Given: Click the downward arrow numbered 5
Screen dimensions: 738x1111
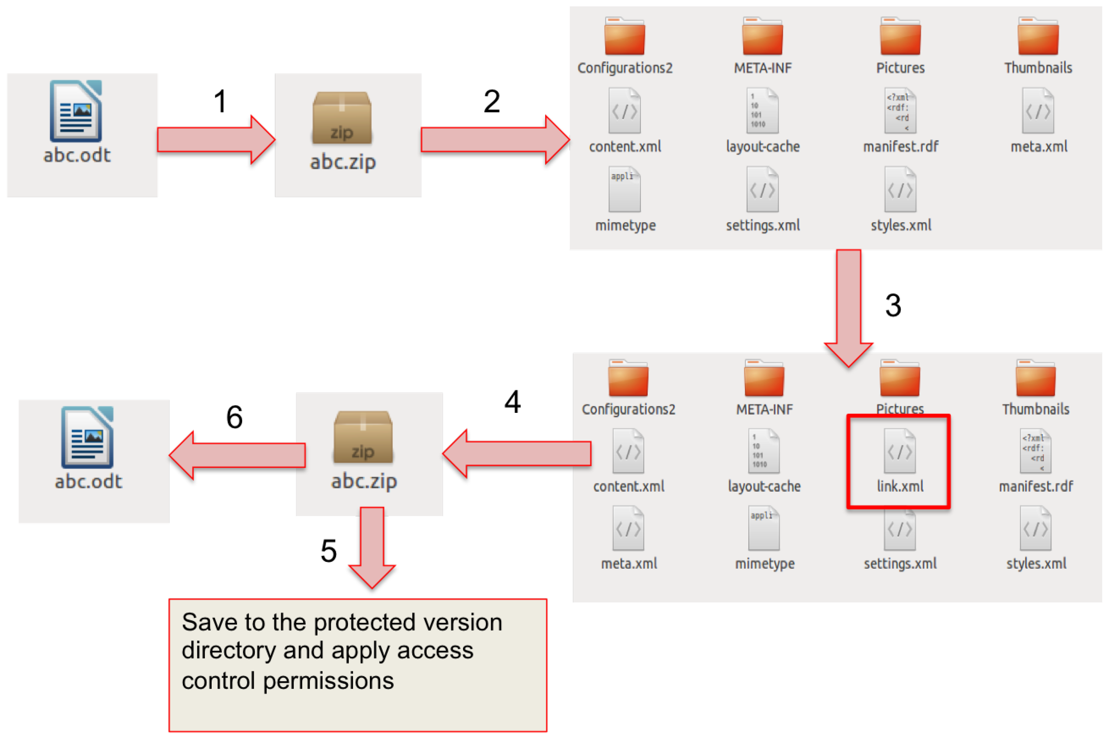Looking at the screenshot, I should click(372, 546).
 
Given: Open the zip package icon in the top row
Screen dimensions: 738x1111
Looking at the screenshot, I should click(342, 118).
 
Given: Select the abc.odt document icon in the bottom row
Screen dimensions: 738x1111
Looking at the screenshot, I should click(87, 437).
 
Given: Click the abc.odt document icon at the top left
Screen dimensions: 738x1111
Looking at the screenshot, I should click(76, 111).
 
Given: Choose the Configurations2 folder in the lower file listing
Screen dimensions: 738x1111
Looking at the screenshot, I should click(628, 379).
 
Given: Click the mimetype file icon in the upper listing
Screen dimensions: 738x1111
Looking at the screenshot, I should click(624, 189).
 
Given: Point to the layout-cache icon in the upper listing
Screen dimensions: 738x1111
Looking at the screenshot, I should click(762, 111).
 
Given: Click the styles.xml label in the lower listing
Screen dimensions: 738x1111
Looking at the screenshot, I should click(1036, 564).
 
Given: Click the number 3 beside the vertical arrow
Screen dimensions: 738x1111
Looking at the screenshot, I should click(893, 305).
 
